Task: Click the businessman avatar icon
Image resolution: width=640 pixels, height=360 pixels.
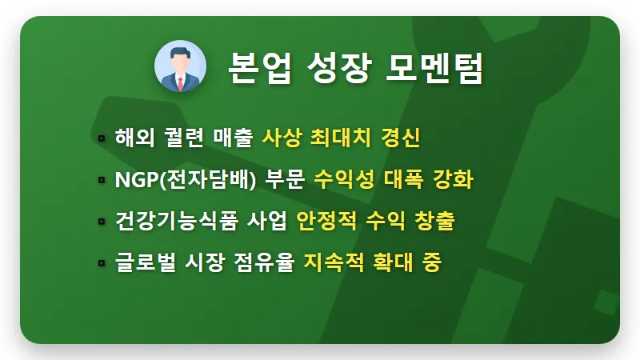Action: tap(180, 67)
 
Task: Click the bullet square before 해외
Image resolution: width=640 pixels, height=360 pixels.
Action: tap(102, 138)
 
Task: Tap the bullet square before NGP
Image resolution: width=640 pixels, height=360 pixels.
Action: tap(102, 180)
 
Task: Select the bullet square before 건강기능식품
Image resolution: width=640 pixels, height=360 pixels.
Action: tap(102, 222)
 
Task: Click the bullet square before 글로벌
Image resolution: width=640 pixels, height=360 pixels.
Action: tap(102, 262)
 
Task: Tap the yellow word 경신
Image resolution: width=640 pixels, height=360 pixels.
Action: tap(402, 138)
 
